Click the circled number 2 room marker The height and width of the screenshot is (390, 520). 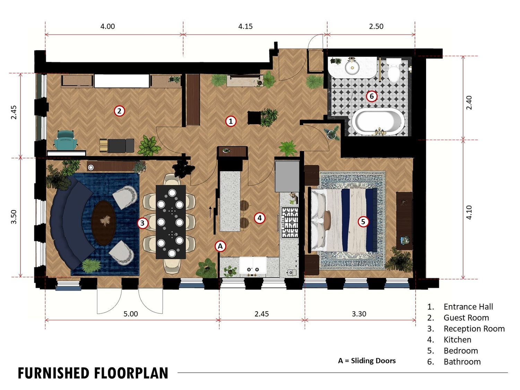click(119, 111)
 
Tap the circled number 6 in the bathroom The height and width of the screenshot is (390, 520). click(371, 96)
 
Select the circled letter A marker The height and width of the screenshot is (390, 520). click(220, 246)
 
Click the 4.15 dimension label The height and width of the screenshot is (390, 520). click(245, 26)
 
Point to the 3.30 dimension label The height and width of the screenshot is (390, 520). click(359, 314)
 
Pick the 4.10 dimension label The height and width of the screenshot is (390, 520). click(469, 213)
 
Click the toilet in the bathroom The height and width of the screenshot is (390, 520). click(394, 70)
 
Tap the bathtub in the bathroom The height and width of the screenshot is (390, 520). click(378, 122)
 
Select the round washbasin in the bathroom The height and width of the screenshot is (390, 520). click(352, 67)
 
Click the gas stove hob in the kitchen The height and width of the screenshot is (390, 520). click(289, 222)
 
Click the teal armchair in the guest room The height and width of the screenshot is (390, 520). click(66, 140)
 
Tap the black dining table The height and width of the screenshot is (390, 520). click(171, 222)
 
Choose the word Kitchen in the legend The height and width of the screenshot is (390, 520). click(457, 340)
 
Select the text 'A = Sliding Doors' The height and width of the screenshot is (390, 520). click(367, 361)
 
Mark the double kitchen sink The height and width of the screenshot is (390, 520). click(253, 265)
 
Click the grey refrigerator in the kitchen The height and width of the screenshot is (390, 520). click(287, 176)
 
